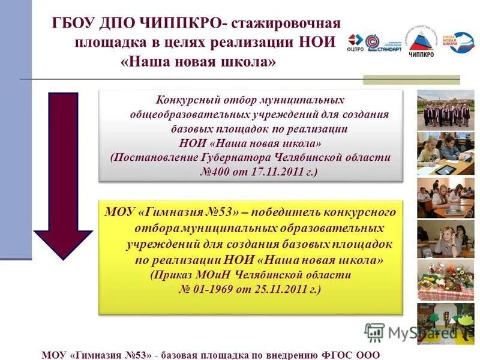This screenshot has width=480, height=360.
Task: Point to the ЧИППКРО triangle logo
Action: (422, 41)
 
